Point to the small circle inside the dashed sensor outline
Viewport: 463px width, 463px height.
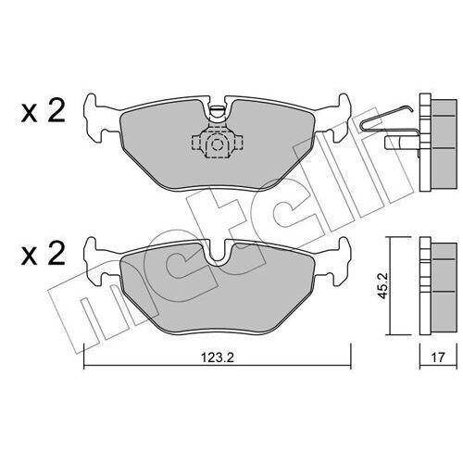click(x=216, y=144)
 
